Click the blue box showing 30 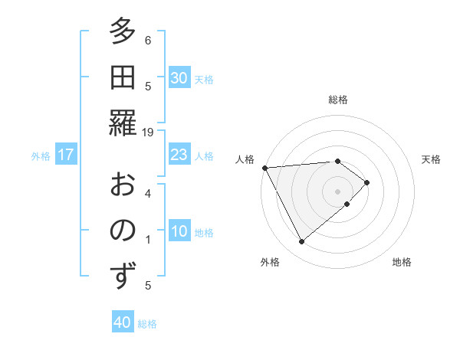pyautogui.click(x=179, y=77)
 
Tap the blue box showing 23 pyautogui.click(x=179, y=155)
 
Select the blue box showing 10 pyautogui.click(x=179, y=231)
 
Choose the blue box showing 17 pyautogui.click(x=66, y=155)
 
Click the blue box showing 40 pyautogui.click(x=123, y=322)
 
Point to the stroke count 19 pyautogui.click(x=148, y=133)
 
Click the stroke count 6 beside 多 pyautogui.click(x=148, y=40)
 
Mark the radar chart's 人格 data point pyautogui.click(x=264, y=168)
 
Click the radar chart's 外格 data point pyautogui.click(x=301, y=242)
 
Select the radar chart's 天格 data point pyautogui.click(x=367, y=182)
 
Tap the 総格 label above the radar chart pyautogui.click(x=338, y=99)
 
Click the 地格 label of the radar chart pyautogui.click(x=402, y=262)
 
